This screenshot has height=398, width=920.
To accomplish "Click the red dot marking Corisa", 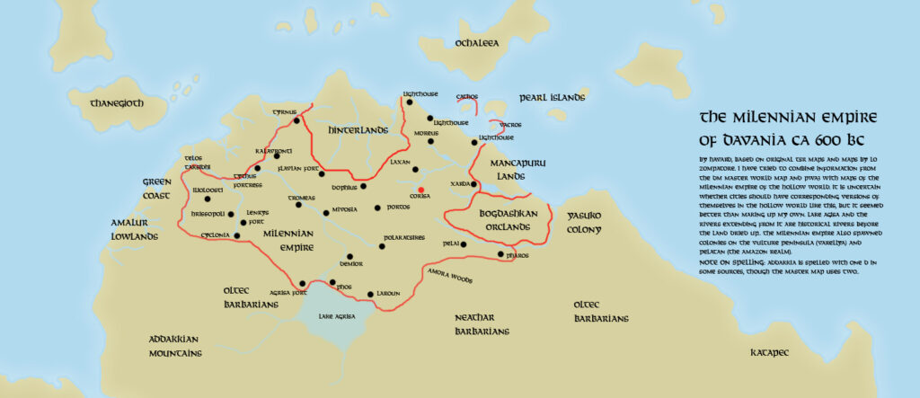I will [421, 190].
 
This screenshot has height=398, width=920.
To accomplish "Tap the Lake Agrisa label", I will [337, 317].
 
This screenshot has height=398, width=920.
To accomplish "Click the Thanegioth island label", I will [117, 103].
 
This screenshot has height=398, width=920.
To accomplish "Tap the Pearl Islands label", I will [553, 97].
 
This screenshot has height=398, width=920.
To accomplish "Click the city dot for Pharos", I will [501, 255].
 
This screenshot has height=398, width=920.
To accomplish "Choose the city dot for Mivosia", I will [326, 213].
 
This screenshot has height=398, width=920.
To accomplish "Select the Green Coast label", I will [156, 187].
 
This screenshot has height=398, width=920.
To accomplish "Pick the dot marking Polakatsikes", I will [381, 244].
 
